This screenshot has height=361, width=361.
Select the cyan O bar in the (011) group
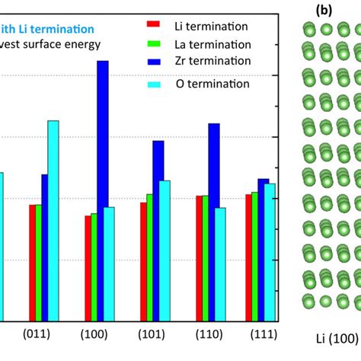click(x=53, y=221)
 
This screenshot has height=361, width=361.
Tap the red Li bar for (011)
click(x=33, y=263)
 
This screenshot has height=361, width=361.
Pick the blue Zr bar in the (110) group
click(x=214, y=222)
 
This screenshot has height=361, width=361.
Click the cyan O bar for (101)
click(x=165, y=251)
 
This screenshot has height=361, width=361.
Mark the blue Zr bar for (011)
click(x=45, y=248)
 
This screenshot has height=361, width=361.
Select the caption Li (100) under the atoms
click(x=336, y=337)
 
